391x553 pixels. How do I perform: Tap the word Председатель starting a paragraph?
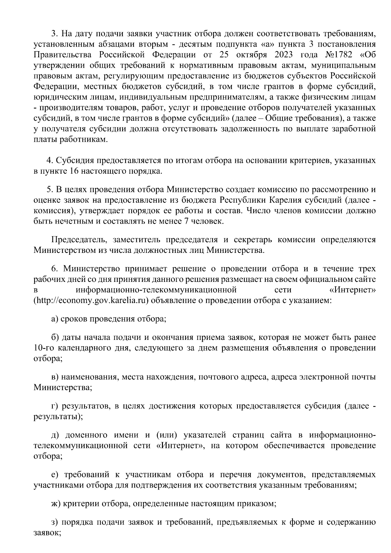click(79, 240)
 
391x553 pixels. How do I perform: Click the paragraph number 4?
click(50, 161)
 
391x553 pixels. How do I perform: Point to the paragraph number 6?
click(54, 269)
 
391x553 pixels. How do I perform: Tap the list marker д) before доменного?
click(55, 435)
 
